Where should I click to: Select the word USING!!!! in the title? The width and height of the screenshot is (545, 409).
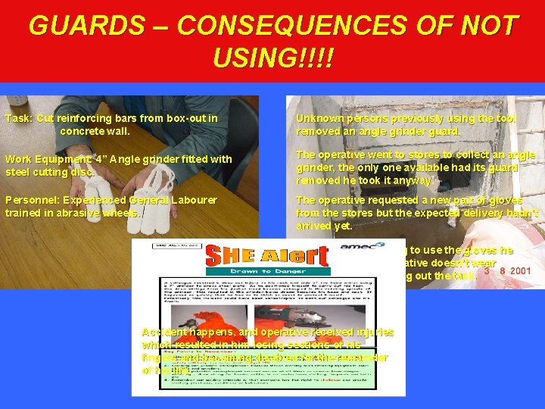pyautogui.click(x=273, y=58)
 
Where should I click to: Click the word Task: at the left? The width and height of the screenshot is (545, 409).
pyautogui.click(x=19, y=118)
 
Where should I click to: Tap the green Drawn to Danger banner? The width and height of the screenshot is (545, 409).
pyautogui.click(x=267, y=271)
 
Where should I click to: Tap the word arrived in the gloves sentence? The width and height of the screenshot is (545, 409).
pyautogui.click(x=312, y=225)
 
